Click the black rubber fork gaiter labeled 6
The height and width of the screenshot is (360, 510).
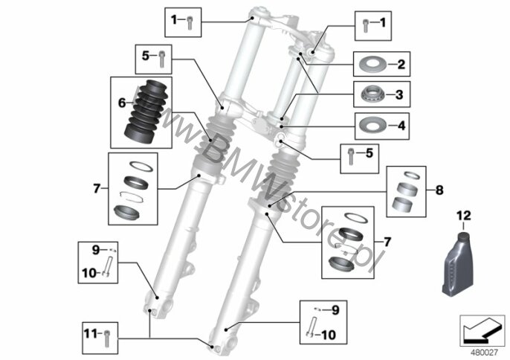pos(146,112)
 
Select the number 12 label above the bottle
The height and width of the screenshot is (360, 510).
pos(464,216)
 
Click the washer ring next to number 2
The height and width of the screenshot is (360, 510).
pos(373,63)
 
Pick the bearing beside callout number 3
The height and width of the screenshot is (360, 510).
pos(373,94)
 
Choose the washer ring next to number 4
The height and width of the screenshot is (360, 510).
pos(372,125)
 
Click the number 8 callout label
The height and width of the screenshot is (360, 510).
pos(439,190)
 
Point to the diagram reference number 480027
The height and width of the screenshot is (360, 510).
pos(484,353)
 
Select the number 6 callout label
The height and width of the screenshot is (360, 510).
pos(122,103)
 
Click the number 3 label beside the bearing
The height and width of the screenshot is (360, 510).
pos(399,94)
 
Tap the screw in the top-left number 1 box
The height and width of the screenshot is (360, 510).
pos(190,24)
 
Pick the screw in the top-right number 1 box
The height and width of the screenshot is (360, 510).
pos(366,26)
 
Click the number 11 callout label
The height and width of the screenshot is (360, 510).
pos(91,334)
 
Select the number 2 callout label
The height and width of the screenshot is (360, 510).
pos(401,65)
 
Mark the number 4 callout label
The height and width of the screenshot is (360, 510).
pos(401,126)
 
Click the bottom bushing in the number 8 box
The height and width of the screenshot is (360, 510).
pos(403,204)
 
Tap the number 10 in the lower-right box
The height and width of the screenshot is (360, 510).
pos(328,335)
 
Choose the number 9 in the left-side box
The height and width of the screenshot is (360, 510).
pos(96,250)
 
